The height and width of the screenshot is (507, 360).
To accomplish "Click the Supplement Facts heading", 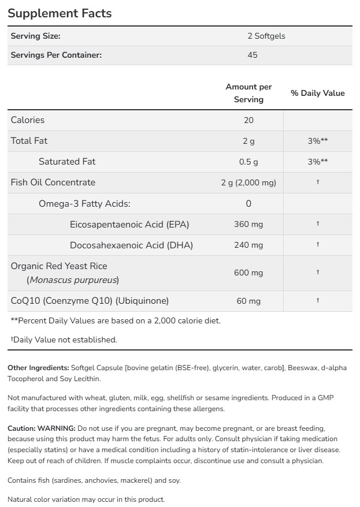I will tap(60, 13).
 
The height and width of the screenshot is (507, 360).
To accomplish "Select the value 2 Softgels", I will tap(266, 36).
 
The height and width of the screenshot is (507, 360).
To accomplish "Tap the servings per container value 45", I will tap(252, 55).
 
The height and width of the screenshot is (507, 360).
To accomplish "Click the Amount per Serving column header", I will tap(248, 93).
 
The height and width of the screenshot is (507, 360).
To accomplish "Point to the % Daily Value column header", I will tap(317, 93).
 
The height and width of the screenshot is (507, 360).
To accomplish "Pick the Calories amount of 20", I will tap(248, 120).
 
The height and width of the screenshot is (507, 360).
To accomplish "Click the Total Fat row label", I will tap(29, 141).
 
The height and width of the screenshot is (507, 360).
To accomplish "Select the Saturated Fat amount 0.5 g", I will tap(248, 162).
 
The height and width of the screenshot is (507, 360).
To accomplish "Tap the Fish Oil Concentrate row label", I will tap(53, 182).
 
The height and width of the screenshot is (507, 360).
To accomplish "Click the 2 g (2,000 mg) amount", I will tap(248, 182).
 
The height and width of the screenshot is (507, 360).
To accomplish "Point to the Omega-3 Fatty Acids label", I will tap(84, 203).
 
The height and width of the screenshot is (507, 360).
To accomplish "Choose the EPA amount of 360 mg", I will tap(248, 224).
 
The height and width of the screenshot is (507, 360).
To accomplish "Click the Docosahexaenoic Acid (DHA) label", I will tap(131, 245).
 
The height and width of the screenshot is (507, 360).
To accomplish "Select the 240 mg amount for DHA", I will tap(248, 245).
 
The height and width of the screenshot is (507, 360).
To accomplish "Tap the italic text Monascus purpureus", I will tap(73, 280).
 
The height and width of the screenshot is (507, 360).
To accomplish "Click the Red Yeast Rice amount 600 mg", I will tap(248, 273).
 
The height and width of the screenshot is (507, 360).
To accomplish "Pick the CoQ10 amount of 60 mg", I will tap(248, 301).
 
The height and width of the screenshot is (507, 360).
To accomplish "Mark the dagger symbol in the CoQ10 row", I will tap(318, 300).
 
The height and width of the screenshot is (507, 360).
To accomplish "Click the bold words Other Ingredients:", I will tap(38, 368).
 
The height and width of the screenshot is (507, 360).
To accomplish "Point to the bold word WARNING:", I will tap(57, 428).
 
